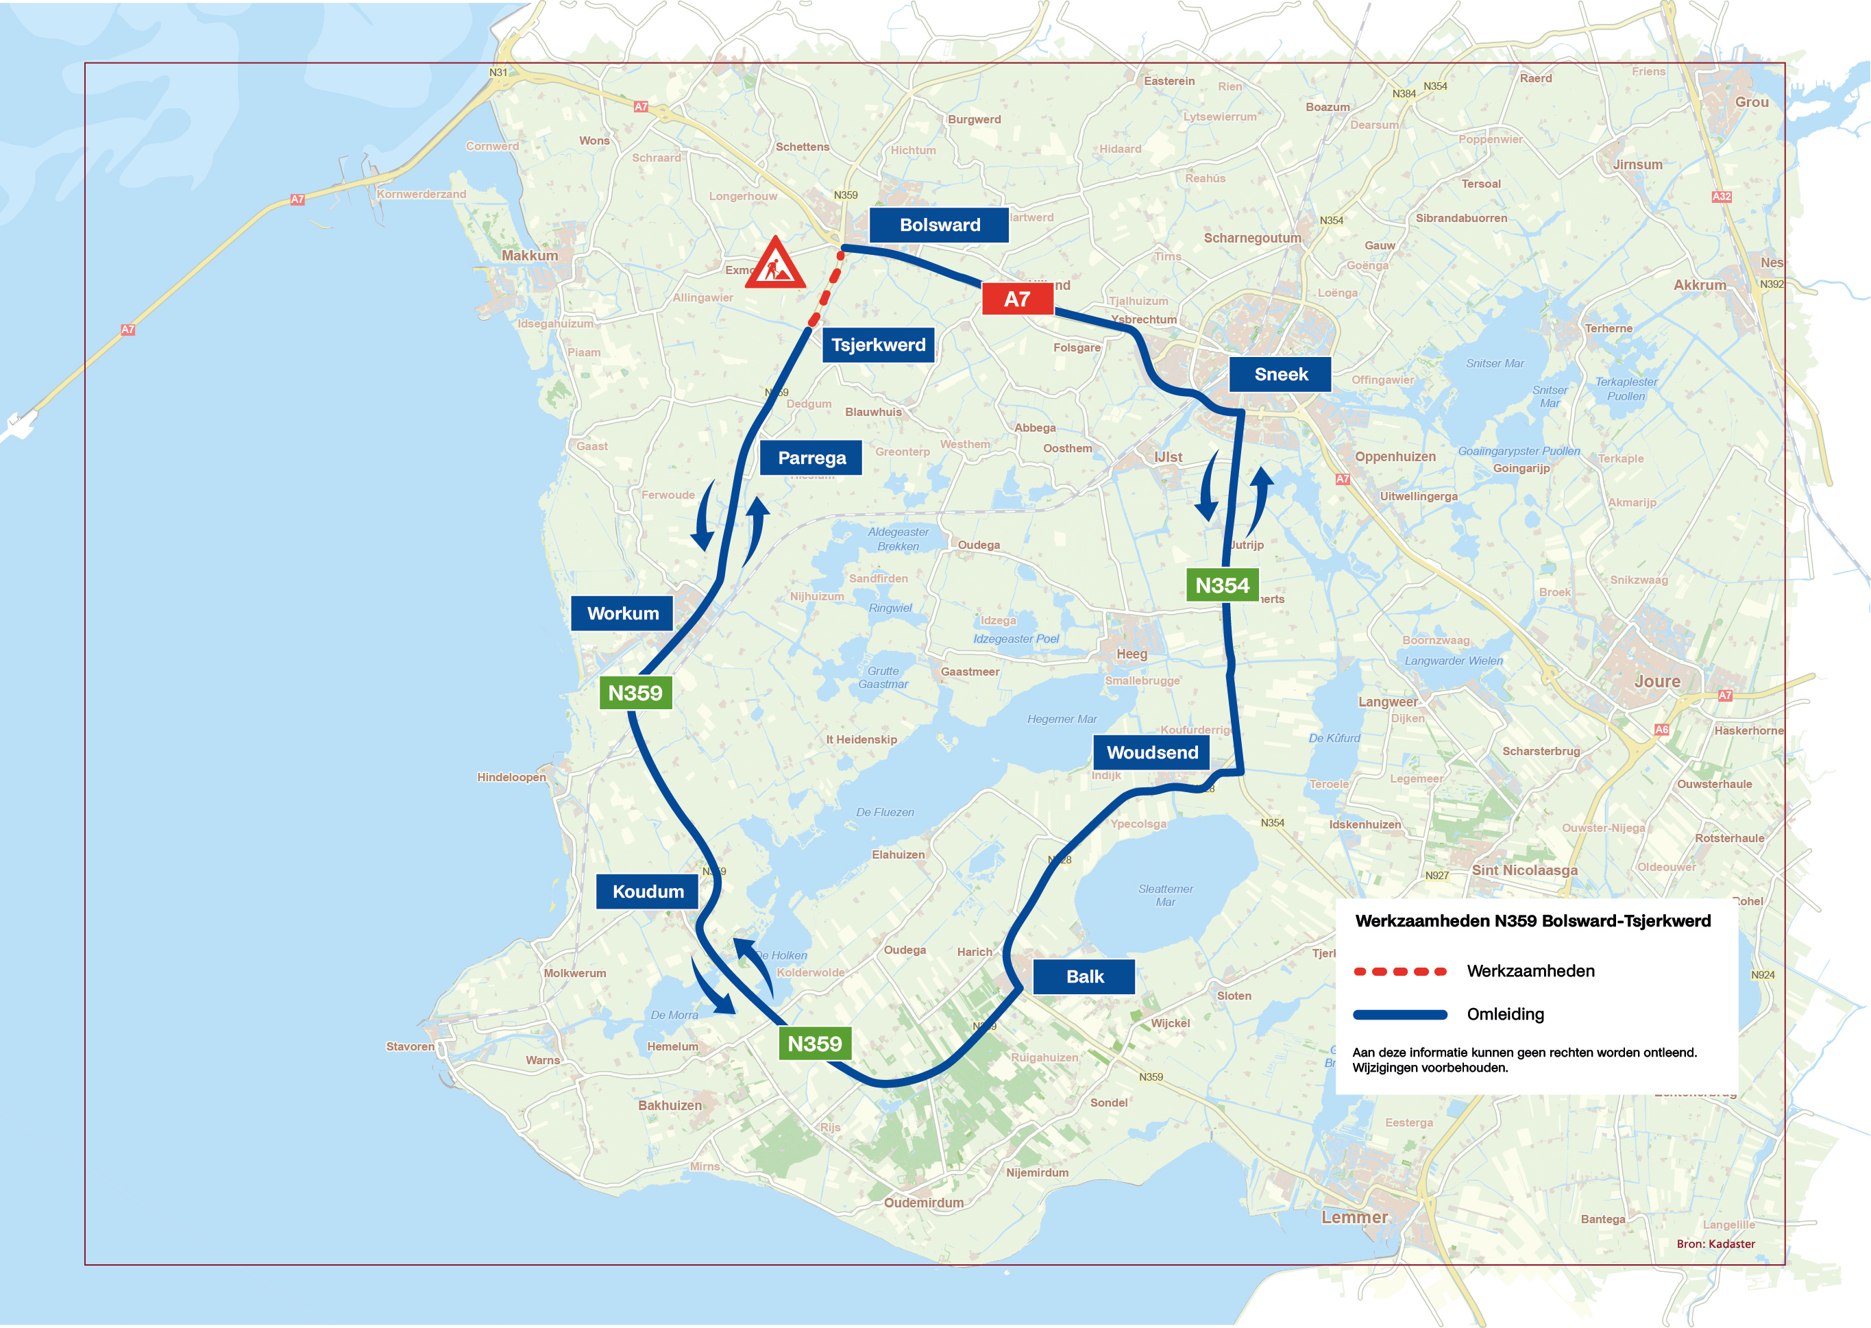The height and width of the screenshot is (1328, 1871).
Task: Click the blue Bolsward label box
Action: [939, 225]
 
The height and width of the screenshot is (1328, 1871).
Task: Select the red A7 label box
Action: [1016, 299]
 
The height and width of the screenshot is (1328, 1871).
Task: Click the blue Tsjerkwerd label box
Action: [878, 345]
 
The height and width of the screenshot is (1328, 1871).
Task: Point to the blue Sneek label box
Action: [1281, 375]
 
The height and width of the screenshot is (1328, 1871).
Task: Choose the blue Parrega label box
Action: [811, 458]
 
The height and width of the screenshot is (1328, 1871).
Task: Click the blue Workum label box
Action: [622, 613]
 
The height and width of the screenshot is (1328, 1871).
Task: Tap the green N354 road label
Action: [1222, 585]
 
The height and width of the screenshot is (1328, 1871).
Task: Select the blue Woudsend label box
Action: [1151, 752]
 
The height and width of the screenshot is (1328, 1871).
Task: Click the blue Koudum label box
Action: [648, 892]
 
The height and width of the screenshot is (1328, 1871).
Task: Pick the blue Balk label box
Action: [1084, 976]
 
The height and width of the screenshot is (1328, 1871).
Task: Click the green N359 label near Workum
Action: [635, 693]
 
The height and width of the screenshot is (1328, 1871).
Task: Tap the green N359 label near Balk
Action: [814, 1044]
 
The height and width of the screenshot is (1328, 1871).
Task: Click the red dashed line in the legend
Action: [1400, 972]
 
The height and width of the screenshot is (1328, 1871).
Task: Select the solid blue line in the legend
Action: [1400, 1015]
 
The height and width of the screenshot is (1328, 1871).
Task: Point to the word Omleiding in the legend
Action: [1506, 1015]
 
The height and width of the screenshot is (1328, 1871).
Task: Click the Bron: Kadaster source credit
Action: [1715, 1244]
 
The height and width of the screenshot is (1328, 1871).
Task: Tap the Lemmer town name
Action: [1354, 1218]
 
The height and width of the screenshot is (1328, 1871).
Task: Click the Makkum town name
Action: [530, 256]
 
